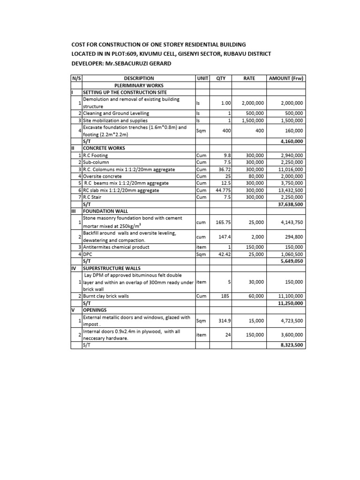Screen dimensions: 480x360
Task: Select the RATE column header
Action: click(x=249, y=79)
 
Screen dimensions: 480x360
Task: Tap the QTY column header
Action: click(x=220, y=79)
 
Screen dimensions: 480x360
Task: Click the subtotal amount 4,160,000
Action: click(x=291, y=141)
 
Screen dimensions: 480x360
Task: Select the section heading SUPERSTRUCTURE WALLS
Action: click(x=111, y=268)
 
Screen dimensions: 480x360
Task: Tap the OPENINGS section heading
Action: click(x=95, y=310)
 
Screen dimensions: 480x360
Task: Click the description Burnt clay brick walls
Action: click(x=112, y=296)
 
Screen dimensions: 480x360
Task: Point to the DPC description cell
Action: click(x=88, y=254)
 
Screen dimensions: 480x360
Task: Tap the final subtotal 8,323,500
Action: click(x=291, y=345)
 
